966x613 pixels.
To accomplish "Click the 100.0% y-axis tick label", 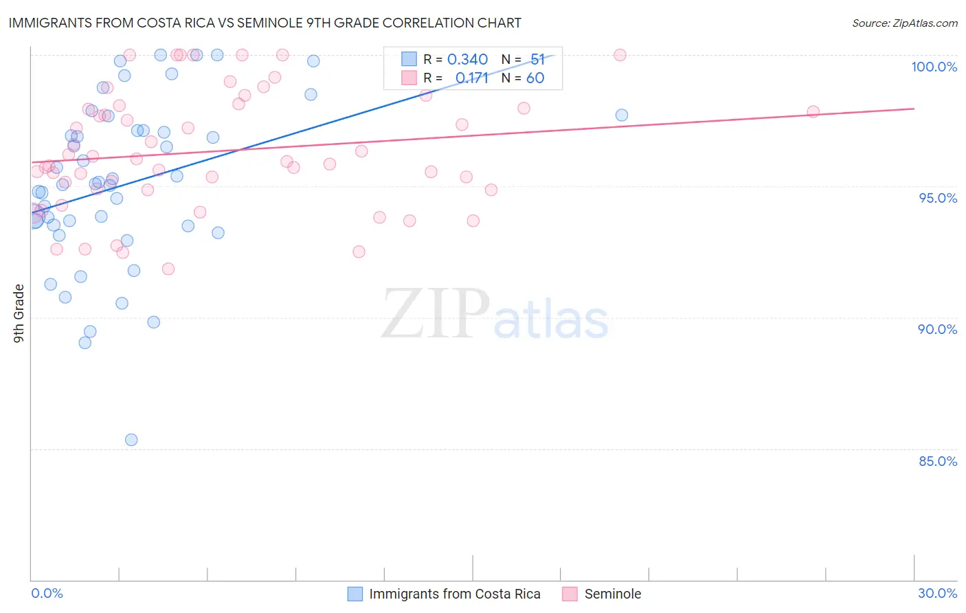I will [934, 67].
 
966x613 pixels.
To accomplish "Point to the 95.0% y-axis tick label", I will [938, 198].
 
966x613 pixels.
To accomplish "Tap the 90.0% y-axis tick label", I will [937, 329].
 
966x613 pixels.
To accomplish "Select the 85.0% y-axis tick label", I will [938, 461].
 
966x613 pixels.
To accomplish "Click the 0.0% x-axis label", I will [47, 593].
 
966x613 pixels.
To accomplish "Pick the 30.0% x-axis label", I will [937, 593].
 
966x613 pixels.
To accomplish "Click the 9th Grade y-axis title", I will [19, 313].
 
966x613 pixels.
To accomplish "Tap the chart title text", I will [265, 23].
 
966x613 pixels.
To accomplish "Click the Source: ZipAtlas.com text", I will [904, 23].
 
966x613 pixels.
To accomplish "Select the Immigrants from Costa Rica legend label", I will [454, 594].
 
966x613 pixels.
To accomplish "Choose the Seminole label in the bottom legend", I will [612, 594].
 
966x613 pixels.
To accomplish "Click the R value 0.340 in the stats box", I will [467, 60].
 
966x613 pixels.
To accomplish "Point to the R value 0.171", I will [472, 78].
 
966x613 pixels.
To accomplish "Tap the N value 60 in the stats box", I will [535, 78].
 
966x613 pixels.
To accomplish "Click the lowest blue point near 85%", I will [131, 440].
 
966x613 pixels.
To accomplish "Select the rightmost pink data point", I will [813, 111].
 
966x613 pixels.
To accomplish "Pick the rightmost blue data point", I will [621, 115].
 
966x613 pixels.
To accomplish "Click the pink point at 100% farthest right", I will [620, 55].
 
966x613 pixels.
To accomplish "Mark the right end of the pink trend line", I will [914, 109].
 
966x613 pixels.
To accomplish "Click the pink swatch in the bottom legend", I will [570, 594].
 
